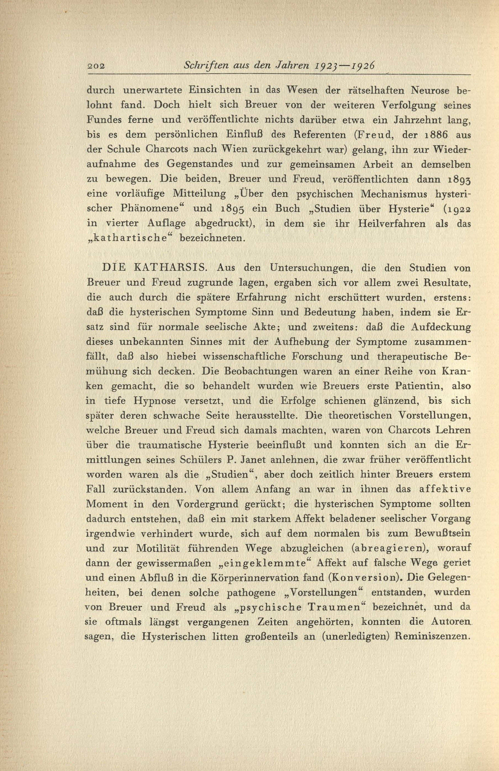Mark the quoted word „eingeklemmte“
point(263,563)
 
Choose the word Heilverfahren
point(392,224)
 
